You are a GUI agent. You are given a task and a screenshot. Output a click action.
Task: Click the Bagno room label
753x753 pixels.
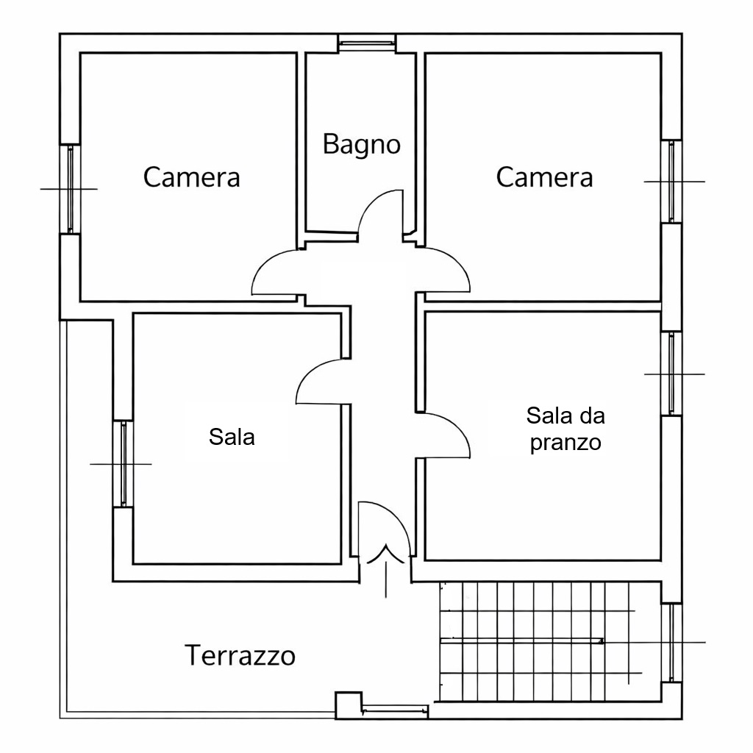[362, 144]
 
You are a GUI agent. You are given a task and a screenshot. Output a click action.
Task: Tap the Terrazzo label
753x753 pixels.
[240, 654]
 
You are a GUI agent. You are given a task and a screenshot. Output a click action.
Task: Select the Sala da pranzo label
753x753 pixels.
[565, 429]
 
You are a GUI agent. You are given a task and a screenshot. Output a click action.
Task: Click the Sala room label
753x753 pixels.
[232, 437]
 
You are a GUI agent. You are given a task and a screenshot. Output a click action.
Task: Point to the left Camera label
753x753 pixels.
[192, 177]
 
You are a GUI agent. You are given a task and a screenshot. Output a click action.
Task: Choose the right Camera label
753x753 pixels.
[544, 177]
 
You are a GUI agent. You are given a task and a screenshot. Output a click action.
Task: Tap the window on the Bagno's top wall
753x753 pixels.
[367, 43]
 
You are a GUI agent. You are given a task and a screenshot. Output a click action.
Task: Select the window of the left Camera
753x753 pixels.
[70, 188]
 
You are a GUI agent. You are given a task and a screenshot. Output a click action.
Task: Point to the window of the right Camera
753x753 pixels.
[672, 181]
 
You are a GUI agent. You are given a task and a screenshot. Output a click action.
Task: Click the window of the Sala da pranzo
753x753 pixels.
[672, 374]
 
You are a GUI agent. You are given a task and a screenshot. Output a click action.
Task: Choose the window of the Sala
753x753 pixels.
[123, 463]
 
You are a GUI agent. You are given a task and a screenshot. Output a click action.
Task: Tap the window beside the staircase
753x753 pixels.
[672, 642]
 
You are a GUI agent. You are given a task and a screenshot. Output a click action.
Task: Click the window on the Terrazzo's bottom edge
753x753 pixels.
[395, 710]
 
